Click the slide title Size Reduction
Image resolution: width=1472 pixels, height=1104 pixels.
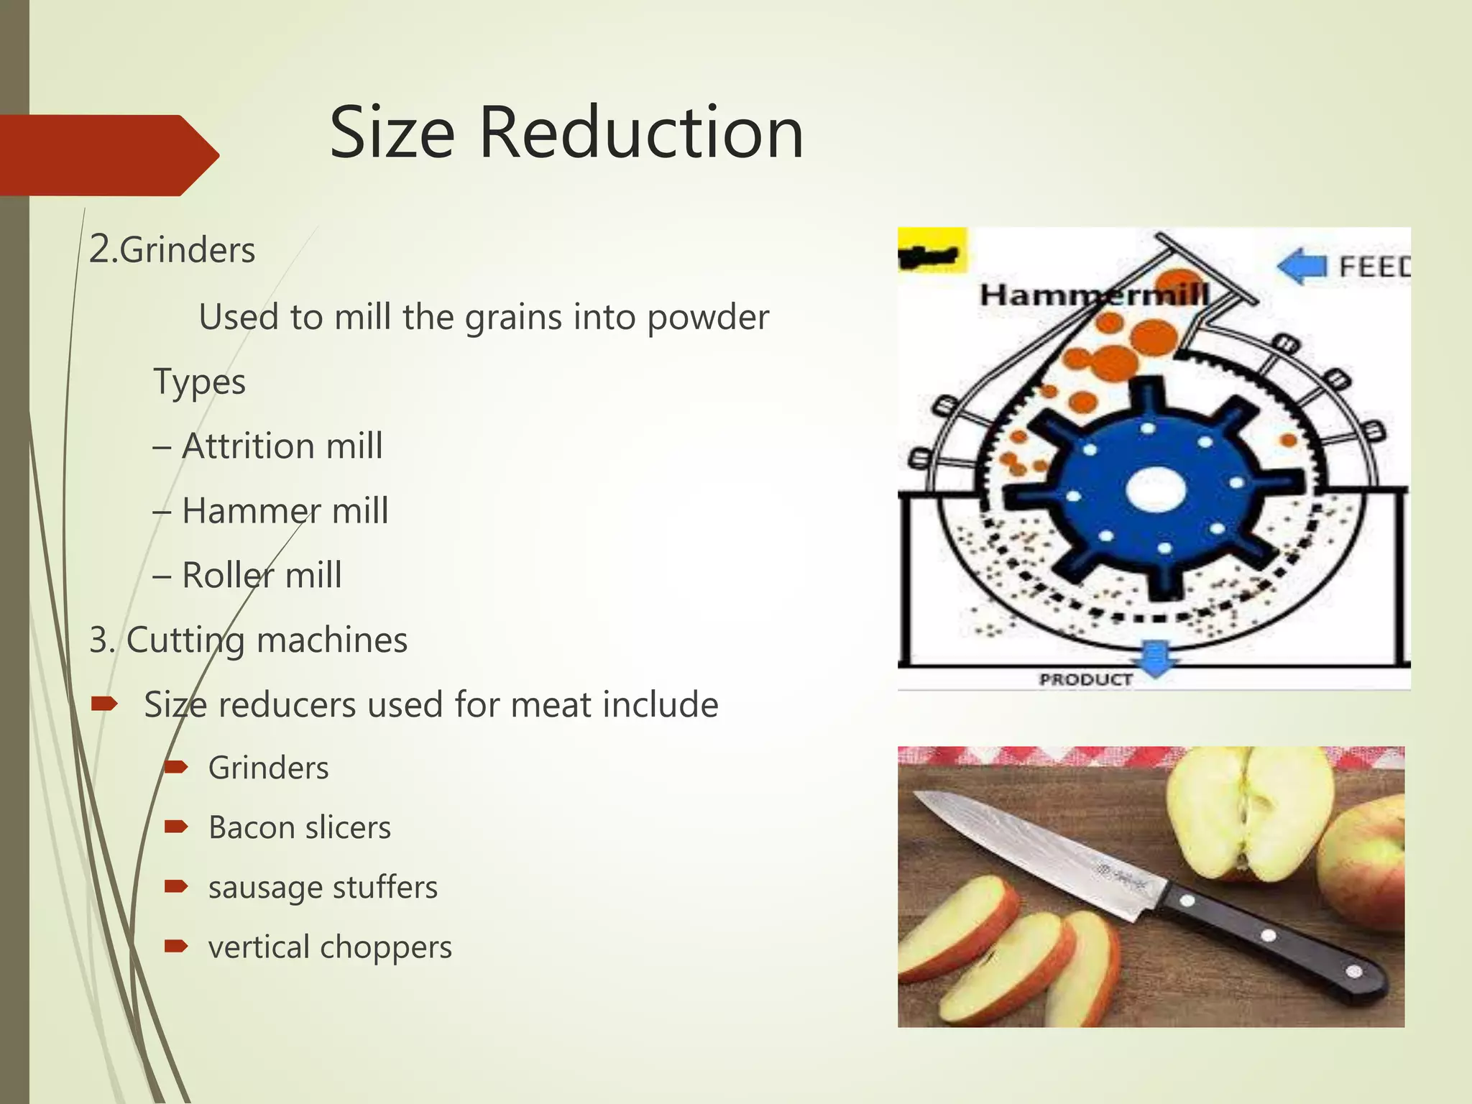coord(566,133)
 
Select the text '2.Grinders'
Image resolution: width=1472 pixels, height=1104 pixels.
coord(172,250)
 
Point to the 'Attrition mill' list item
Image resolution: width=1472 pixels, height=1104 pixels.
coord(282,446)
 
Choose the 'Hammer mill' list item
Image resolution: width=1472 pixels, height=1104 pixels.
coord(285,511)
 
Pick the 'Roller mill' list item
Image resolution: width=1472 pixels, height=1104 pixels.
coord(262,575)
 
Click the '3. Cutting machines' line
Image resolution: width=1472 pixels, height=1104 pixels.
coord(248,640)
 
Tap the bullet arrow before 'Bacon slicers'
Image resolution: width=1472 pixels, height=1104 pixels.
coord(176,827)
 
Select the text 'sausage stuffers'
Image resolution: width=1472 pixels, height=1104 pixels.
coord(323,887)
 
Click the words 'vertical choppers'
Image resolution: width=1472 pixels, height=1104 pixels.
coord(330,947)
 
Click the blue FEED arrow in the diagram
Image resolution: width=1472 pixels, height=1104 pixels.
coord(1302,266)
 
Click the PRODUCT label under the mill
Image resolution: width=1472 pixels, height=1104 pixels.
coord(1085,679)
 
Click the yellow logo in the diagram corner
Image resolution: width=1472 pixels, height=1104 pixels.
coord(932,251)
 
